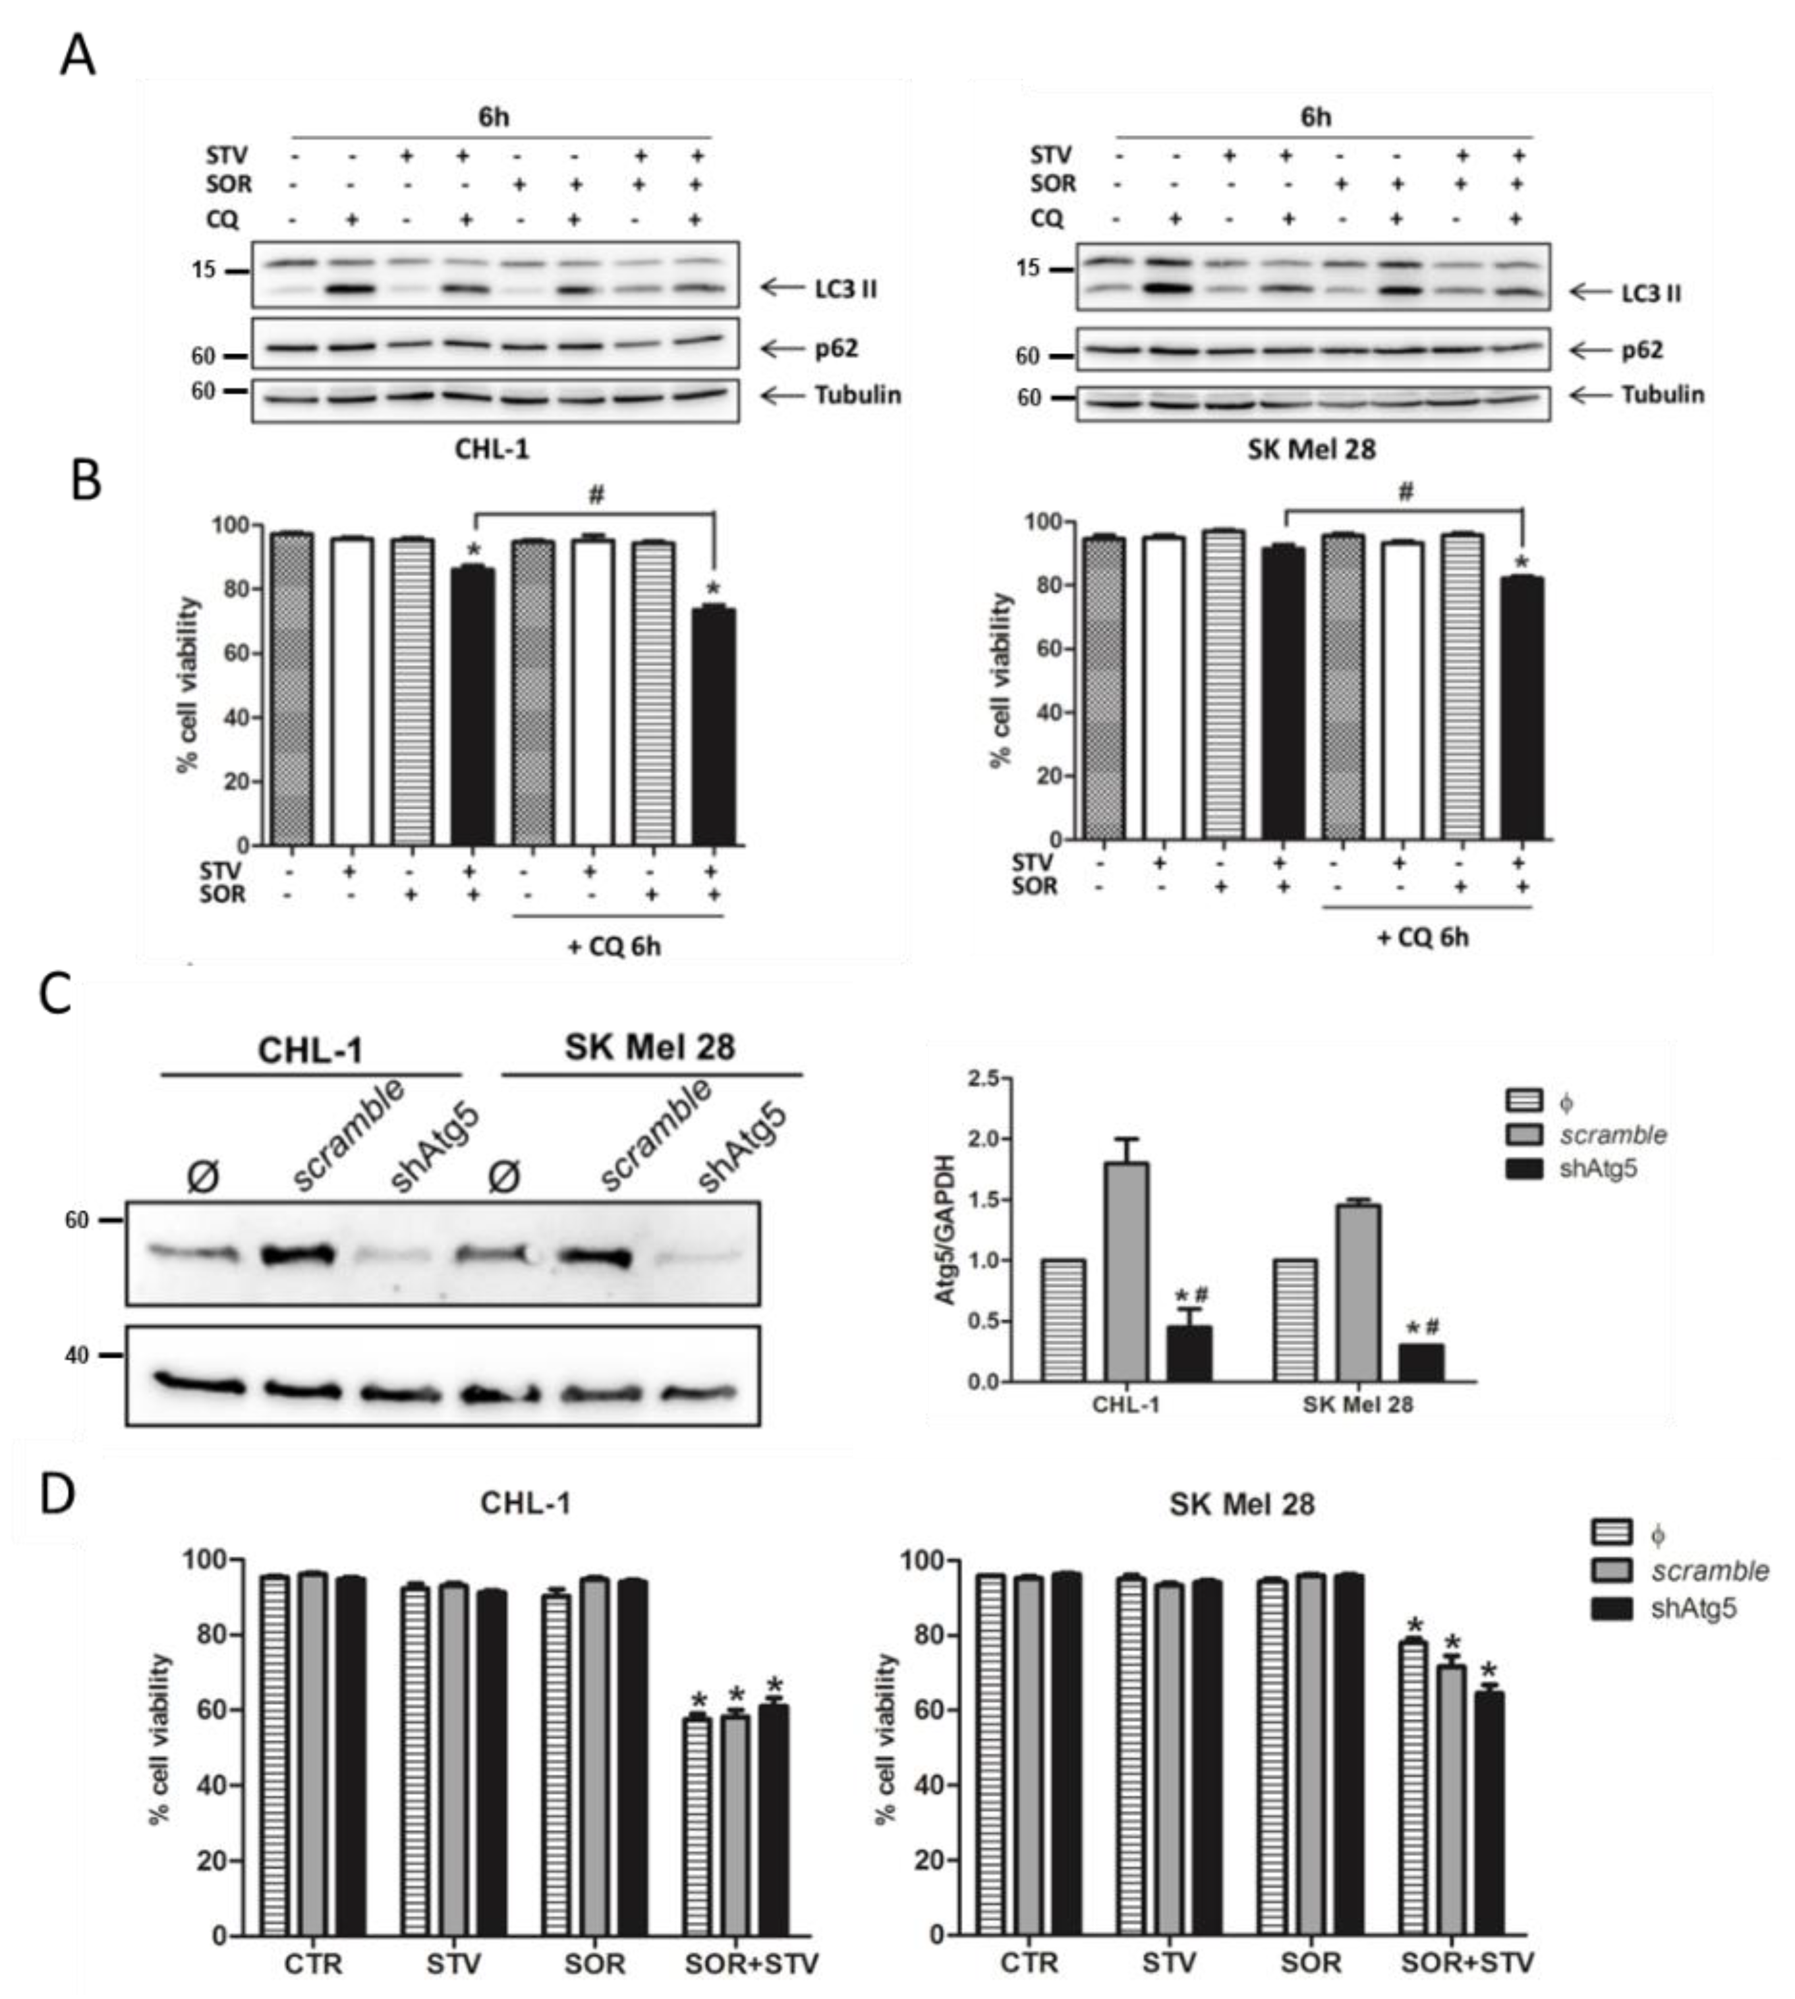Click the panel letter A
(78, 56)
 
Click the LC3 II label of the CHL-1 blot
(845, 289)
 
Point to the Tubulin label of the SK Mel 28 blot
(1663, 395)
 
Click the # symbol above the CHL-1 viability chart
(595, 496)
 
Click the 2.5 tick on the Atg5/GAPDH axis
(983, 1078)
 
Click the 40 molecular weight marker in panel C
(77, 1355)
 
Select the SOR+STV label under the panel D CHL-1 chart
(751, 1963)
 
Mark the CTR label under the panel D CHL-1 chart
(314, 1963)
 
